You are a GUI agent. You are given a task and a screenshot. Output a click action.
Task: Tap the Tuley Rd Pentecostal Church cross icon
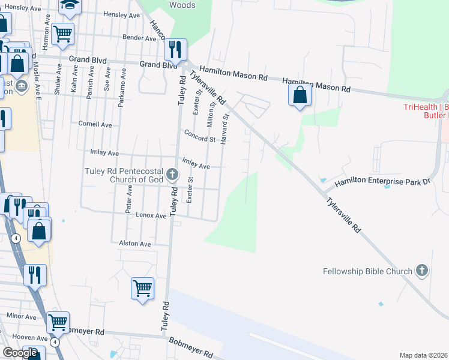172,175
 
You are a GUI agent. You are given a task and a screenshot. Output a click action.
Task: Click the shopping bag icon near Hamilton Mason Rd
300,95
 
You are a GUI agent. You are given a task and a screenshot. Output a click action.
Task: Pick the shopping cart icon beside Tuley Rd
143,289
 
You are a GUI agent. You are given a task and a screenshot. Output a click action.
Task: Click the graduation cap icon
70,6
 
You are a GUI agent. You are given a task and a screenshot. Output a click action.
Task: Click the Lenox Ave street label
151,215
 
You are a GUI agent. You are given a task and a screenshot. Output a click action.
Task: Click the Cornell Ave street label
95,124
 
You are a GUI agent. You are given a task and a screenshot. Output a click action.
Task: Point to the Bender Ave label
139,38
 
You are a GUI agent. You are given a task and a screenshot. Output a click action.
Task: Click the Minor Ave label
22,316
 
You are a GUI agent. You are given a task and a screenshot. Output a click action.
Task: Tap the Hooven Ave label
21,338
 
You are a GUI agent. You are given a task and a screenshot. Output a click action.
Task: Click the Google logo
20,353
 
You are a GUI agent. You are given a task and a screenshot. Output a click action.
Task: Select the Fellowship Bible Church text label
367,271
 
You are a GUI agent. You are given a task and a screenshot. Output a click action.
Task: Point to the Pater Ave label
129,198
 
